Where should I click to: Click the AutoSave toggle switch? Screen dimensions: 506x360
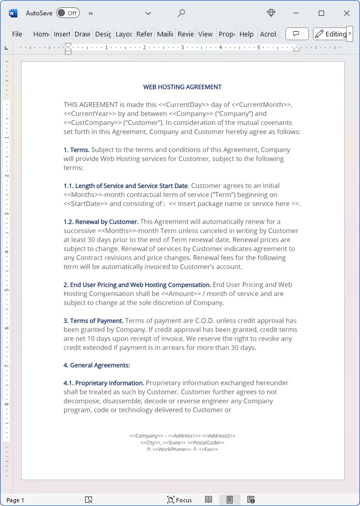[x=68, y=13]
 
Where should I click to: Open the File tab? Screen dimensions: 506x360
[x=17, y=34]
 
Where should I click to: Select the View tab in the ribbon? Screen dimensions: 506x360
[x=205, y=34]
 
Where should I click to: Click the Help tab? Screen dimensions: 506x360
[x=246, y=34]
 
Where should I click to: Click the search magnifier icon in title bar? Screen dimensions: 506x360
[x=181, y=13]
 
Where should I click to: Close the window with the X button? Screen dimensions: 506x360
[x=347, y=13]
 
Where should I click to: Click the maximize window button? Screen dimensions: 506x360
[x=321, y=13]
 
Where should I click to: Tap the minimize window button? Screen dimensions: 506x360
[x=296, y=13]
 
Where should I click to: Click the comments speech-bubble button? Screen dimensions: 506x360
[x=297, y=34]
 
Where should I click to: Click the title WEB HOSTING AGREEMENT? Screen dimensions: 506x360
[x=182, y=87]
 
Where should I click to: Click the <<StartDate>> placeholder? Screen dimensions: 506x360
[x=85, y=204]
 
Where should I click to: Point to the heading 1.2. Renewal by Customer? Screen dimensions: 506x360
[x=101, y=222]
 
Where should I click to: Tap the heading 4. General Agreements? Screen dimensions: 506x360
[x=97, y=365]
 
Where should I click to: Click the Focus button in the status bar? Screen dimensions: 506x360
[x=179, y=500]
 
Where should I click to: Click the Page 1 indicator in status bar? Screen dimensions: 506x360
[x=15, y=500]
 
